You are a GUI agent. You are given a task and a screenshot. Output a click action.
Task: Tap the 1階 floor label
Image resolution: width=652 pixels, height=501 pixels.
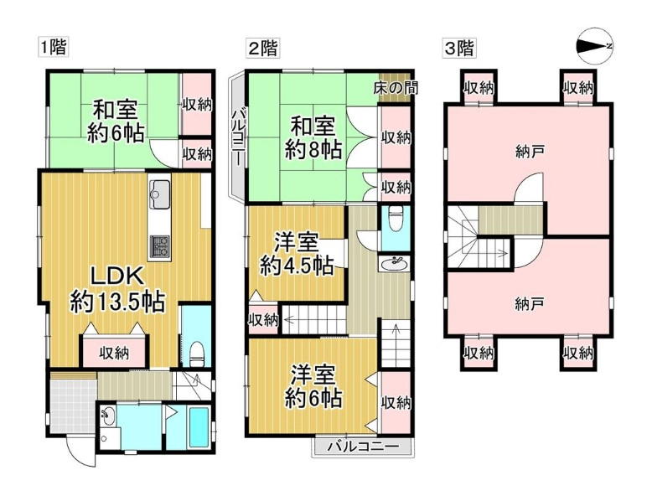pyautogui.click(x=53, y=47)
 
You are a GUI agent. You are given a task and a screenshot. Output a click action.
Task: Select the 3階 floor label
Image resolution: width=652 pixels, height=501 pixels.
pyautogui.click(x=458, y=49)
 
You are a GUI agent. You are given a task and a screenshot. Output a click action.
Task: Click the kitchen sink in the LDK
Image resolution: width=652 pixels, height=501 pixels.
pyautogui.click(x=159, y=195)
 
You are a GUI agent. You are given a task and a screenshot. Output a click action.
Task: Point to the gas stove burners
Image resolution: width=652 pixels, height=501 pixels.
pyautogui.click(x=159, y=247)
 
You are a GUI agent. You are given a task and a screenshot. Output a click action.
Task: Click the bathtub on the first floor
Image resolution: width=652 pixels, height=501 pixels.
pyautogui.click(x=199, y=427)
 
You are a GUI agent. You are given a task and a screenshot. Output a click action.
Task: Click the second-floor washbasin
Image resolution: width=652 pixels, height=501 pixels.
pyautogui.click(x=394, y=264)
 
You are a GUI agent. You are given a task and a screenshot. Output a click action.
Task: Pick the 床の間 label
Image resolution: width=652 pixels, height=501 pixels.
pyautogui.click(x=396, y=88)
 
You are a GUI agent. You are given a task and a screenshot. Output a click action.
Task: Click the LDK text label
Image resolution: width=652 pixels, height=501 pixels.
pyautogui.click(x=117, y=276)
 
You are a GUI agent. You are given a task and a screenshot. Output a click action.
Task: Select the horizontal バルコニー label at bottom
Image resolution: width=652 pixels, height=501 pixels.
pyautogui.click(x=363, y=447)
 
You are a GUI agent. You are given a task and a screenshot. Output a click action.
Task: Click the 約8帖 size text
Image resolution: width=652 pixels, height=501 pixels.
pyautogui.click(x=313, y=149)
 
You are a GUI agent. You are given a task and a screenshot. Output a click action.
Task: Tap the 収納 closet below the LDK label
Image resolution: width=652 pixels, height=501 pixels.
pyautogui.click(x=114, y=354)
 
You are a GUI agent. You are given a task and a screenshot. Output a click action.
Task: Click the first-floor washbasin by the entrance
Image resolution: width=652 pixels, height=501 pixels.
pyautogui.click(x=109, y=416)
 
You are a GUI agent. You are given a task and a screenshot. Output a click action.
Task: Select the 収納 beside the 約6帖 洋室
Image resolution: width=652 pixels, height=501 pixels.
pyautogui.click(x=396, y=402)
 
